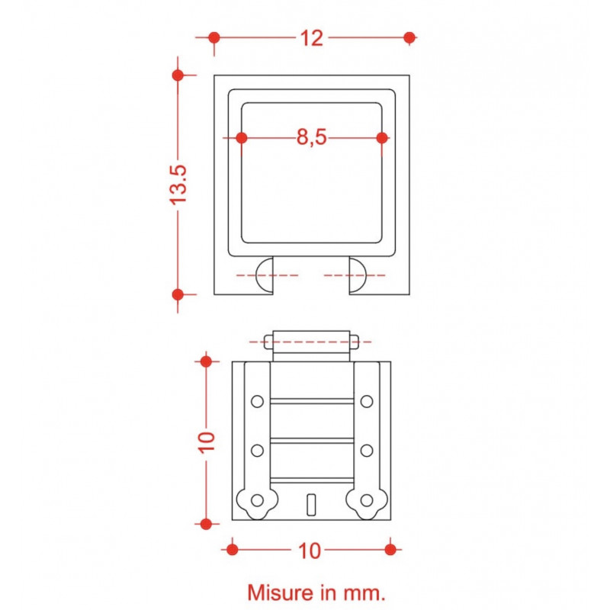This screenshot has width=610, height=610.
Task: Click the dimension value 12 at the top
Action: [311, 37]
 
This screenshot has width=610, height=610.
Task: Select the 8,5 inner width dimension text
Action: [312, 137]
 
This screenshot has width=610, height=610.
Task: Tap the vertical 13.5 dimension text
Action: [178, 184]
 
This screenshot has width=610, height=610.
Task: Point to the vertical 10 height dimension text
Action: [206, 441]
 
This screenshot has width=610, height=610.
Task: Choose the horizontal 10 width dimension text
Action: [310, 550]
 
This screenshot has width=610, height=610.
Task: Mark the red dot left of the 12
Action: [214, 37]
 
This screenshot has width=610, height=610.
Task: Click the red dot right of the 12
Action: [409, 37]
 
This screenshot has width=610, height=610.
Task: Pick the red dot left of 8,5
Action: [242, 137]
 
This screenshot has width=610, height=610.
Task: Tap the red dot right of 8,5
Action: [382, 137]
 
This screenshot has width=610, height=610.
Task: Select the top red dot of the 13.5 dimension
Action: [178, 75]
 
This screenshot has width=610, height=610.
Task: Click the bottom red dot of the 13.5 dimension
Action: [178, 294]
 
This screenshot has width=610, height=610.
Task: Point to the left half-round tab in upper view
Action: [264, 275]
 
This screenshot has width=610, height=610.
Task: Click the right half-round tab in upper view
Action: [358, 275]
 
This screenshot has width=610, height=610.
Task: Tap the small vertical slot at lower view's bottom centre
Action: [310, 503]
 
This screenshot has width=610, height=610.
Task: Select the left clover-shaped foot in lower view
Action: [257, 501]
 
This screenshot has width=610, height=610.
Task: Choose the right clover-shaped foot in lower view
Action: [367, 501]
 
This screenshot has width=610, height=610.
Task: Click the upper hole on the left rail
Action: [257, 401]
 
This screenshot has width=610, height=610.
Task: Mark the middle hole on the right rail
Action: [367, 449]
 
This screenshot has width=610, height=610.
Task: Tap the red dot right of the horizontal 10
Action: [390, 549]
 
